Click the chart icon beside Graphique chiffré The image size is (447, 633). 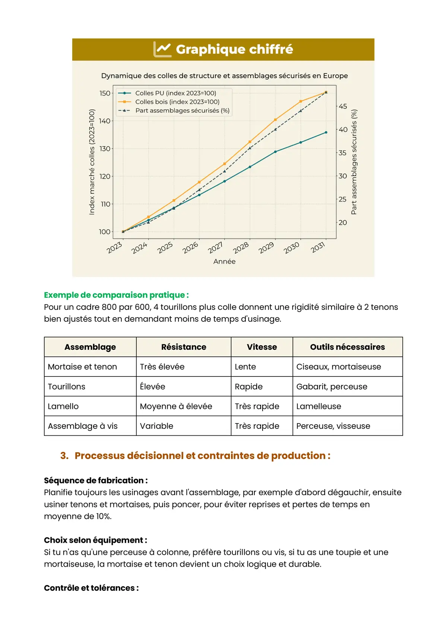pyautogui.click(x=162, y=49)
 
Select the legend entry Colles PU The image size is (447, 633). pyautogui.click(x=175, y=93)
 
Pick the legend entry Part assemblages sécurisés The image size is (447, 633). pyautogui.click(x=182, y=111)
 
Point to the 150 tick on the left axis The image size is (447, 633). pyautogui.click(x=105, y=93)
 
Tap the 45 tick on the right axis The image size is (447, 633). pyautogui.click(x=343, y=107)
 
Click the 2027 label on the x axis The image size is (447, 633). pyautogui.click(x=215, y=248)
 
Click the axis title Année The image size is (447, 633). pyautogui.click(x=224, y=262)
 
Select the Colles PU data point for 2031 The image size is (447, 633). pyautogui.click(x=326, y=132)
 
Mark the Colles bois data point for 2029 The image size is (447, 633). pyautogui.click(x=275, y=120)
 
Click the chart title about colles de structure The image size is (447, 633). pyautogui.click(x=224, y=76)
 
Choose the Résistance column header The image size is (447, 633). pyautogui.click(x=184, y=347)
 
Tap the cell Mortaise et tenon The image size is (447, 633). pyautogui.click(x=82, y=367)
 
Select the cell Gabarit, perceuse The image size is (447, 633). pyautogui.click(x=332, y=387)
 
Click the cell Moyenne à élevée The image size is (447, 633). pyautogui.click(x=176, y=406)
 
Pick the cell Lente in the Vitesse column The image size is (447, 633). pyautogui.click(x=245, y=367)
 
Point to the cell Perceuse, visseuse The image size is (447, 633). pyautogui.click(x=333, y=426)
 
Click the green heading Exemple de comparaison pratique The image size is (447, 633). pyautogui.click(x=116, y=295)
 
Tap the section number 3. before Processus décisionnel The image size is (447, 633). pyautogui.click(x=64, y=456)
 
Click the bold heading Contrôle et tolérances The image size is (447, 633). pyautogui.click(x=91, y=588)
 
